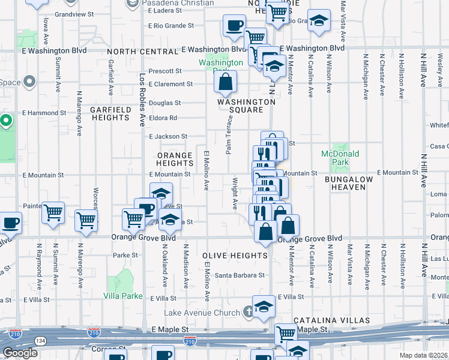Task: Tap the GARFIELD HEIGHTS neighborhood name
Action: point(110,114)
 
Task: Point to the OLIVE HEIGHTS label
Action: point(235,256)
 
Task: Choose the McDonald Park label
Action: point(340,158)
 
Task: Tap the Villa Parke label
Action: point(123,296)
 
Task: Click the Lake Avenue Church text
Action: point(202,313)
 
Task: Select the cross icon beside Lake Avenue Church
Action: point(247,312)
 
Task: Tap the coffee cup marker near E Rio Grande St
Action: point(234,26)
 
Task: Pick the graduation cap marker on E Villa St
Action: point(264,307)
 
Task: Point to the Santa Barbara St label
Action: point(240,275)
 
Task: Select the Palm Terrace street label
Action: point(229,135)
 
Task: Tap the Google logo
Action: point(20,353)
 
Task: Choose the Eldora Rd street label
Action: point(164,118)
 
